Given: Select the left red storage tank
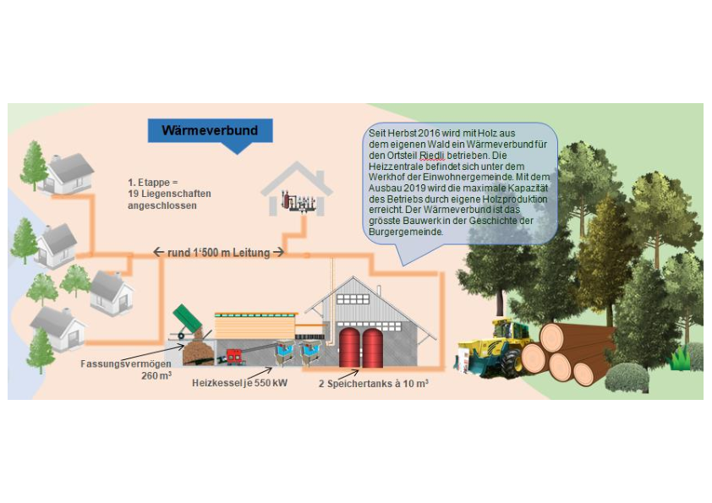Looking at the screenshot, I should pos(349,347).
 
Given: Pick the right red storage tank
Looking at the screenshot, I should pos(373,347).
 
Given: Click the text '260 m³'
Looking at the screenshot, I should pos(159,376).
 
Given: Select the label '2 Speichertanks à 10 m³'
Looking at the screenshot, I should pos(373,383).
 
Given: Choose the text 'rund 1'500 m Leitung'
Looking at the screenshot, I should pos(218,252).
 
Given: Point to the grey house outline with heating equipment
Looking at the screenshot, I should pos(296,193).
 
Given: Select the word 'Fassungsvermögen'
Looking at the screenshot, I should pos(118,364).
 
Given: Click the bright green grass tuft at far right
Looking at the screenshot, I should pos(682,359).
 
